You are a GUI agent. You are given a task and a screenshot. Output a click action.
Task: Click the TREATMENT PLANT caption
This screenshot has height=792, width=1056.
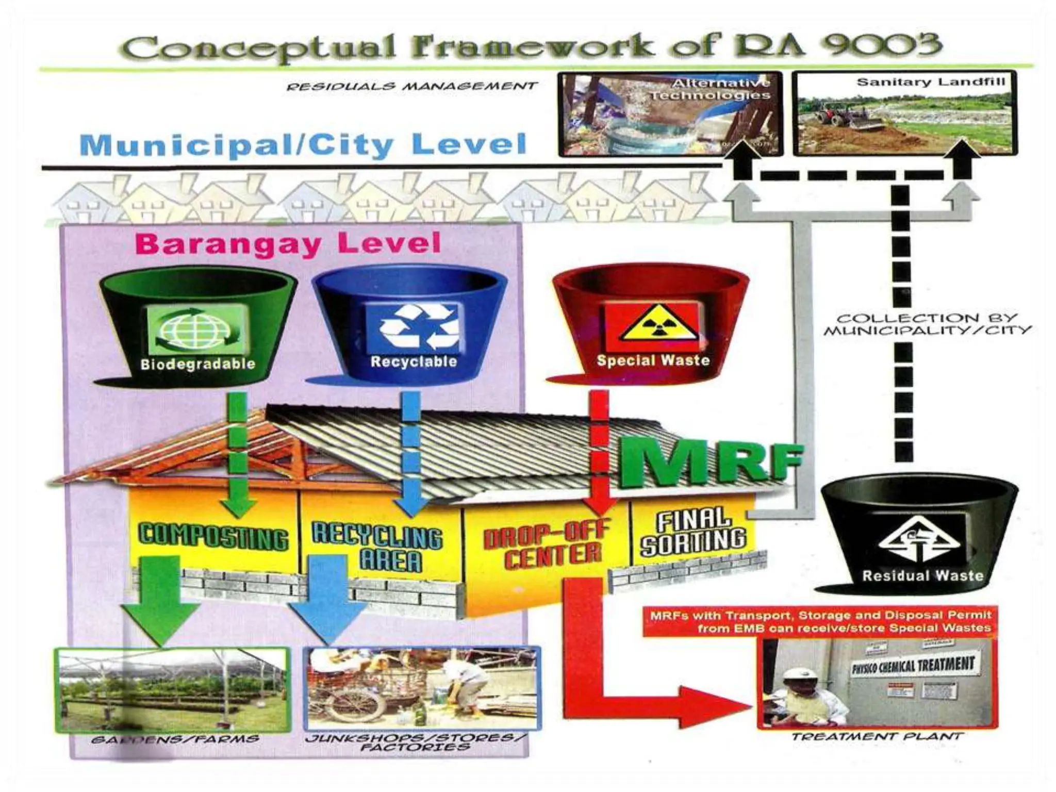click(x=877, y=736)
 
